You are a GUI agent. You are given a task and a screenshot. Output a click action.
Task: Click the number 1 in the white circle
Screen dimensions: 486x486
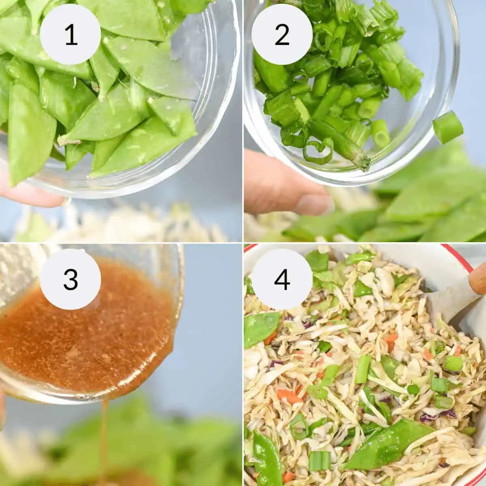pyautogui.click(x=70, y=34)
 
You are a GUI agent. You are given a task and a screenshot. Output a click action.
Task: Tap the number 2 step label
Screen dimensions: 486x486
pyautogui.click(x=282, y=34)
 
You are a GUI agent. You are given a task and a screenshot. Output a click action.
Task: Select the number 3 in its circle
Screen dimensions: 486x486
pyautogui.click(x=70, y=279)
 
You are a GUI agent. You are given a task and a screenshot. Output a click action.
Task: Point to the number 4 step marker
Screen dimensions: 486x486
pyautogui.click(x=282, y=279)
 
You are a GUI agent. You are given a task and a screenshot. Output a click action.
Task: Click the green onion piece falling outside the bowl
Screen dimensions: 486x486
pyautogui.click(x=448, y=127)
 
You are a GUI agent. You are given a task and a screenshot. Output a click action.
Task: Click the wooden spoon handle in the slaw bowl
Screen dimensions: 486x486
pyautogui.click(x=478, y=279)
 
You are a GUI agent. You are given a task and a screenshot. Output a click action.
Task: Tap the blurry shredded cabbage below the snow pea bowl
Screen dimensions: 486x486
pyautogui.click(x=122, y=225)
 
